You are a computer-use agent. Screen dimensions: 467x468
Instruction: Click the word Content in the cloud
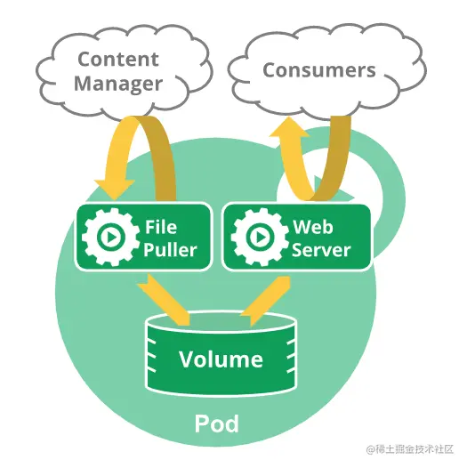click(118, 59)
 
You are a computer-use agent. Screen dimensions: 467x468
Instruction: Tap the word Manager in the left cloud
click(118, 84)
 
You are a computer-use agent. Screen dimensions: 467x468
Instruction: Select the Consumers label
click(319, 70)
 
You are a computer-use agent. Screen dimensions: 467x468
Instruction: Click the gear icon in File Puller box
click(110, 237)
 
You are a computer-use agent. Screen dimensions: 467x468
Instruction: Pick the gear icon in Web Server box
click(260, 237)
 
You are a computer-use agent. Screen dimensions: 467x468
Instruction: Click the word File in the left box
click(161, 227)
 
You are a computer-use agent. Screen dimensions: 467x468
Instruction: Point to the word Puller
click(170, 249)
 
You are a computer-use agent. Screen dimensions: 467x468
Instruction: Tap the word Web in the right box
click(313, 227)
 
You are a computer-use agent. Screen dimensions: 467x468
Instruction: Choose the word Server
click(321, 249)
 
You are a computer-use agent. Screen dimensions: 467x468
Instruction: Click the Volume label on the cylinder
click(221, 359)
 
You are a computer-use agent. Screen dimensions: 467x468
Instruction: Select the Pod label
click(217, 424)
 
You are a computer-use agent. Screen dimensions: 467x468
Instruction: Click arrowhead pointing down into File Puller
click(115, 189)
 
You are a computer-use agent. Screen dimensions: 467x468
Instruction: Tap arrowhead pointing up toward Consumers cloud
click(289, 128)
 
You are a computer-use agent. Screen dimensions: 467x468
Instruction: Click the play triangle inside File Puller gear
click(112, 238)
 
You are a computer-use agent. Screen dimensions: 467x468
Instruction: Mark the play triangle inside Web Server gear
click(262, 238)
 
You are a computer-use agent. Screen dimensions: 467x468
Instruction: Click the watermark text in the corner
click(410, 449)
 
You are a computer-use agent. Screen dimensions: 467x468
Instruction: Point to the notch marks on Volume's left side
click(151, 357)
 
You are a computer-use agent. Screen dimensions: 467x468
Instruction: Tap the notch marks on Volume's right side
click(291, 357)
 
